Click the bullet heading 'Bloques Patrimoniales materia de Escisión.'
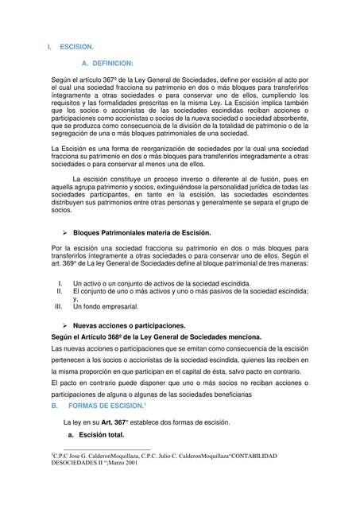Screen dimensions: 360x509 pyautogui.click(x=141, y=233)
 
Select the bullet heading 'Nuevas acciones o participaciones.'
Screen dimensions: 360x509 pyautogui.click(x=129, y=326)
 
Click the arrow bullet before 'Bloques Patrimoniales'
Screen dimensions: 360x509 pyautogui.click(x=64, y=233)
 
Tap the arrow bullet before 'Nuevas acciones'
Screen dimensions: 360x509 pyautogui.click(x=64, y=326)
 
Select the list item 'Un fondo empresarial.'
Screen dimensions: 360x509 pyautogui.click(x=106, y=306)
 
